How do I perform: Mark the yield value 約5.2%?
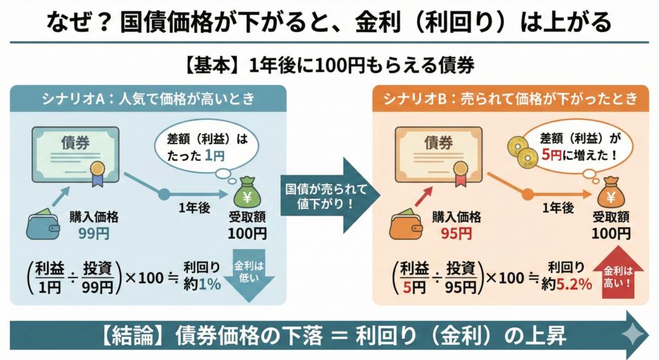pyautogui.click(x=568, y=284)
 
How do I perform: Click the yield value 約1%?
pyautogui.click(x=204, y=284)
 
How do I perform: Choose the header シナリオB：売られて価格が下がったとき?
pyautogui.click(x=511, y=99)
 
